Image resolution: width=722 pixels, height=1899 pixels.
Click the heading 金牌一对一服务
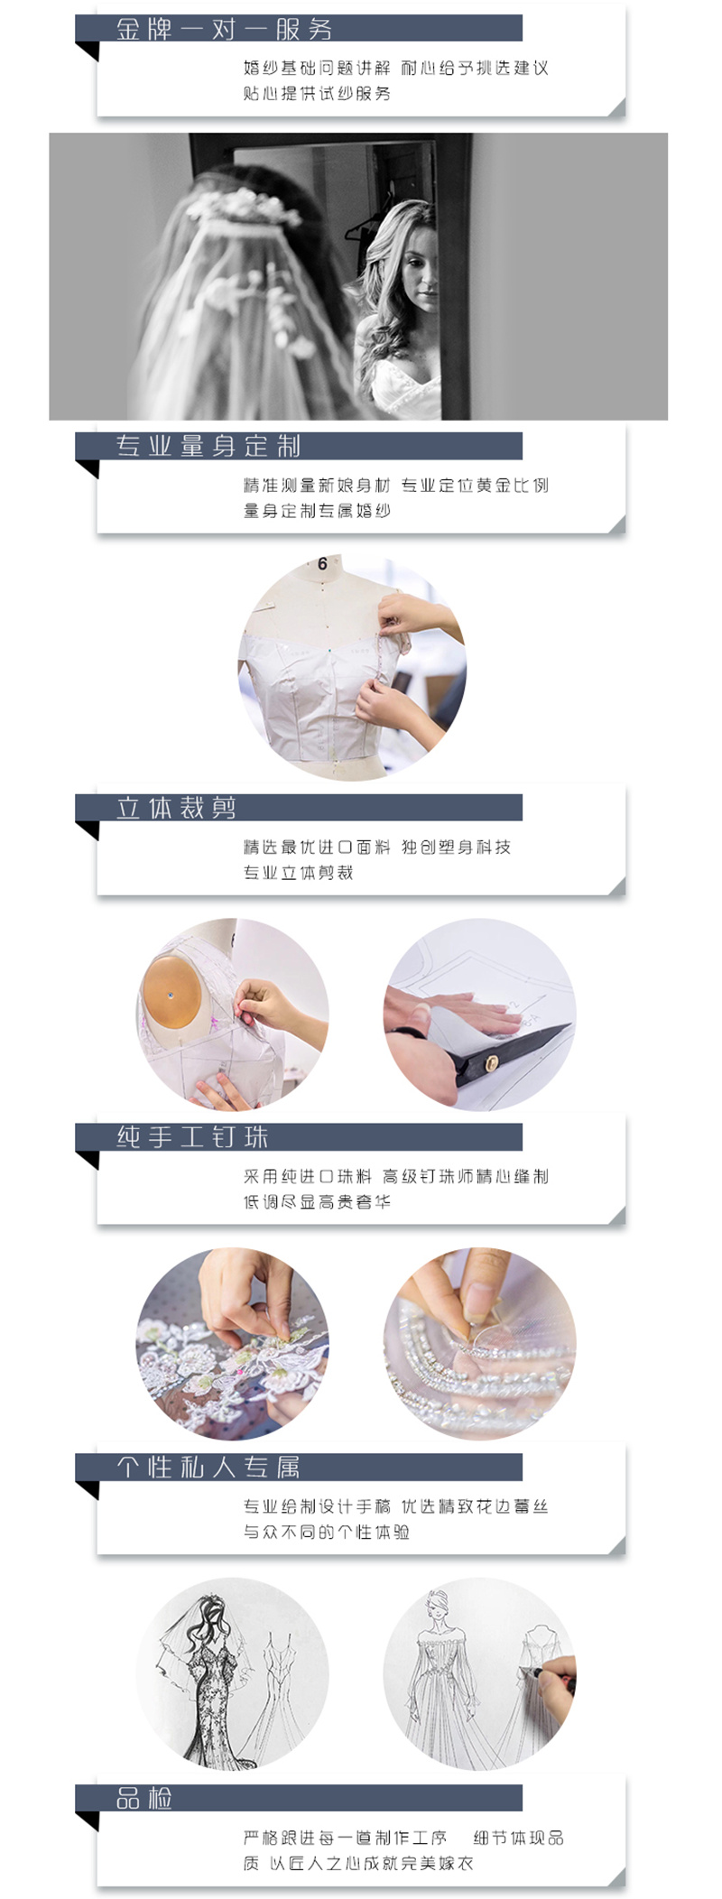click(x=224, y=29)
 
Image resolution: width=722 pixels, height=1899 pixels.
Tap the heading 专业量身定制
click(x=208, y=446)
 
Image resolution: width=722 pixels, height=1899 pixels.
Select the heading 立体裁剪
click(x=176, y=808)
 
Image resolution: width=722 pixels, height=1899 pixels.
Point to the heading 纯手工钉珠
click(x=192, y=1137)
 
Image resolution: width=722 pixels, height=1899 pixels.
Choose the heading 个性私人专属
click(x=208, y=1468)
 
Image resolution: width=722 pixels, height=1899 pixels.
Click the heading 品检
click(x=144, y=1799)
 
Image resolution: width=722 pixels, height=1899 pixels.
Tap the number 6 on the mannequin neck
click(x=322, y=564)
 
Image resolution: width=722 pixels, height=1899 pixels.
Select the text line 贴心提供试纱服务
click(x=317, y=94)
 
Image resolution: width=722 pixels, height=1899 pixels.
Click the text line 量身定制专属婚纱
click(x=317, y=511)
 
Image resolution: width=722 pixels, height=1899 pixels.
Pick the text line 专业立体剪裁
click(x=298, y=873)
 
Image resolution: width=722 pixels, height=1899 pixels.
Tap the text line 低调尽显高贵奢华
click(x=317, y=1202)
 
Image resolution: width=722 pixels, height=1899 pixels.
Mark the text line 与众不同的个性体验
click(x=326, y=1532)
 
